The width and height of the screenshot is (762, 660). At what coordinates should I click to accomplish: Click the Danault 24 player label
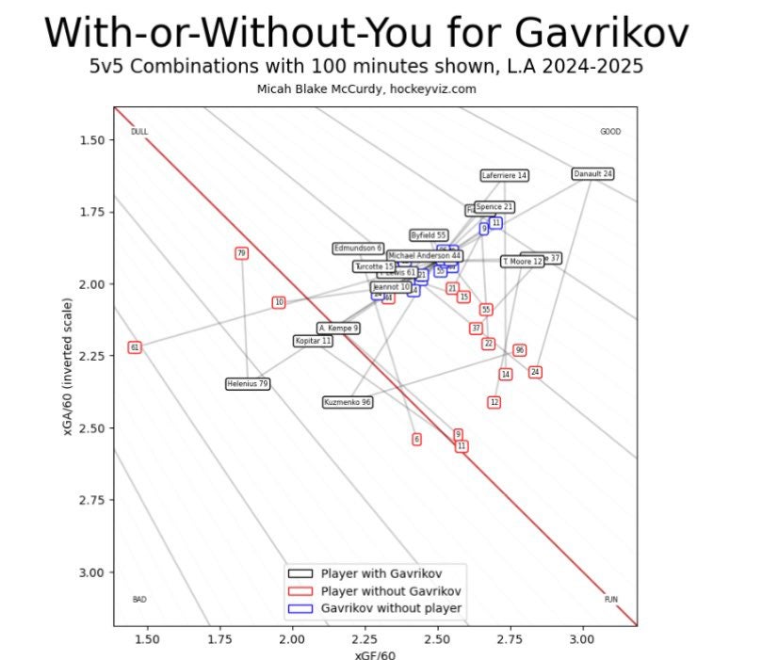(x=592, y=174)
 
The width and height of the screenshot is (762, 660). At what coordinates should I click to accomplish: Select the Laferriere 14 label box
(x=505, y=175)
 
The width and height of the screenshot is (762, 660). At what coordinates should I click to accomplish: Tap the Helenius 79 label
(x=249, y=384)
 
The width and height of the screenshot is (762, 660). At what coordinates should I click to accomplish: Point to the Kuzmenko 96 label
(x=348, y=402)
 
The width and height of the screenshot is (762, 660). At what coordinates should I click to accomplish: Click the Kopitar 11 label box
(x=314, y=341)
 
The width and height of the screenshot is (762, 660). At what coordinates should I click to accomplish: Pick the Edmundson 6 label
(x=359, y=249)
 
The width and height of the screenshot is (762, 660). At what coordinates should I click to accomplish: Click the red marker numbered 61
(x=135, y=347)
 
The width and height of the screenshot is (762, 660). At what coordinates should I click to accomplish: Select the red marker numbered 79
(x=242, y=253)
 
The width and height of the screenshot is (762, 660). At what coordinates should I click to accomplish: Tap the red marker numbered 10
(x=279, y=302)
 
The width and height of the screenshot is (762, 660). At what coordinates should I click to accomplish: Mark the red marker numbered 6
(x=416, y=440)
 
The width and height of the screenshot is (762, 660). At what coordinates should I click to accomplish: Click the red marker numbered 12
(x=494, y=402)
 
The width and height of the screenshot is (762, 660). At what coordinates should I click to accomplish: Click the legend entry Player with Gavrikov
(x=381, y=572)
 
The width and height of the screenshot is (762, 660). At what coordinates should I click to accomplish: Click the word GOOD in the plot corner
(x=610, y=132)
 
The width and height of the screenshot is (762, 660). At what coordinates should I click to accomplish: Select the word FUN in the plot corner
(x=610, y=600)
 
